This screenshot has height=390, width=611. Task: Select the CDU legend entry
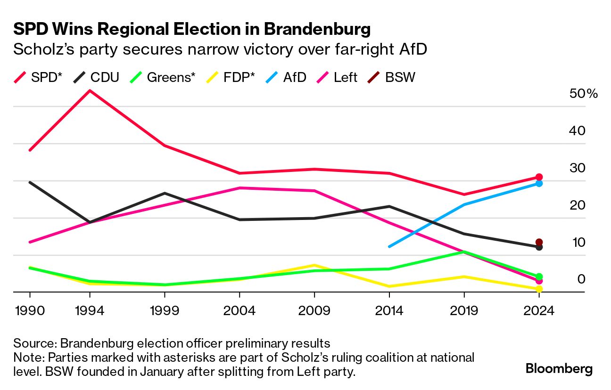tap(97, 77)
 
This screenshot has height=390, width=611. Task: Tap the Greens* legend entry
tap(163, 77)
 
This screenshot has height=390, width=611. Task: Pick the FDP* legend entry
tap(231, 77)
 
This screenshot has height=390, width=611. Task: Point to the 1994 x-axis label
tap(90, 311)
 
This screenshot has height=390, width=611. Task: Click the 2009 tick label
tap(314, 311)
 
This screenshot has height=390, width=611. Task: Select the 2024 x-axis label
tap(539, 311)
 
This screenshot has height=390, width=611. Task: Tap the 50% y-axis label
tap(584, 94)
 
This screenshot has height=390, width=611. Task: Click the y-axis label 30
tap(577, 168)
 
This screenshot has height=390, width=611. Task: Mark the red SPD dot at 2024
tap(539, 177)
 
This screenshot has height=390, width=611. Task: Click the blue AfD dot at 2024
tap(539, 183)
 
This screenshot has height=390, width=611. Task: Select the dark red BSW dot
tap(539, 242)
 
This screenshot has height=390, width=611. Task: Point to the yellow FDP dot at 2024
tap(539, 289)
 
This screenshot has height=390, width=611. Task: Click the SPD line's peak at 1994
tap(90, 90)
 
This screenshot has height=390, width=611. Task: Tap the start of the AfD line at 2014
tap(389, 246)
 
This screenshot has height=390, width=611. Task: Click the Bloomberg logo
tap(559, 368)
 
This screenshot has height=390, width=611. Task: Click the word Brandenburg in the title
tap(317, 30)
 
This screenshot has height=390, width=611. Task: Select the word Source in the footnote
tap(33, 342)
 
